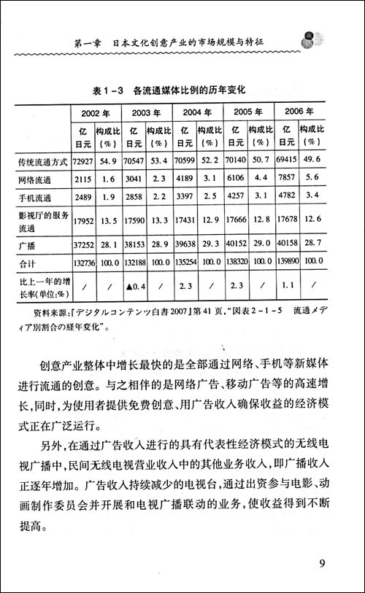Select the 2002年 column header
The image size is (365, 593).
[x=96, y=112]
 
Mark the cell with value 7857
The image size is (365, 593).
[x=286, y=179]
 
